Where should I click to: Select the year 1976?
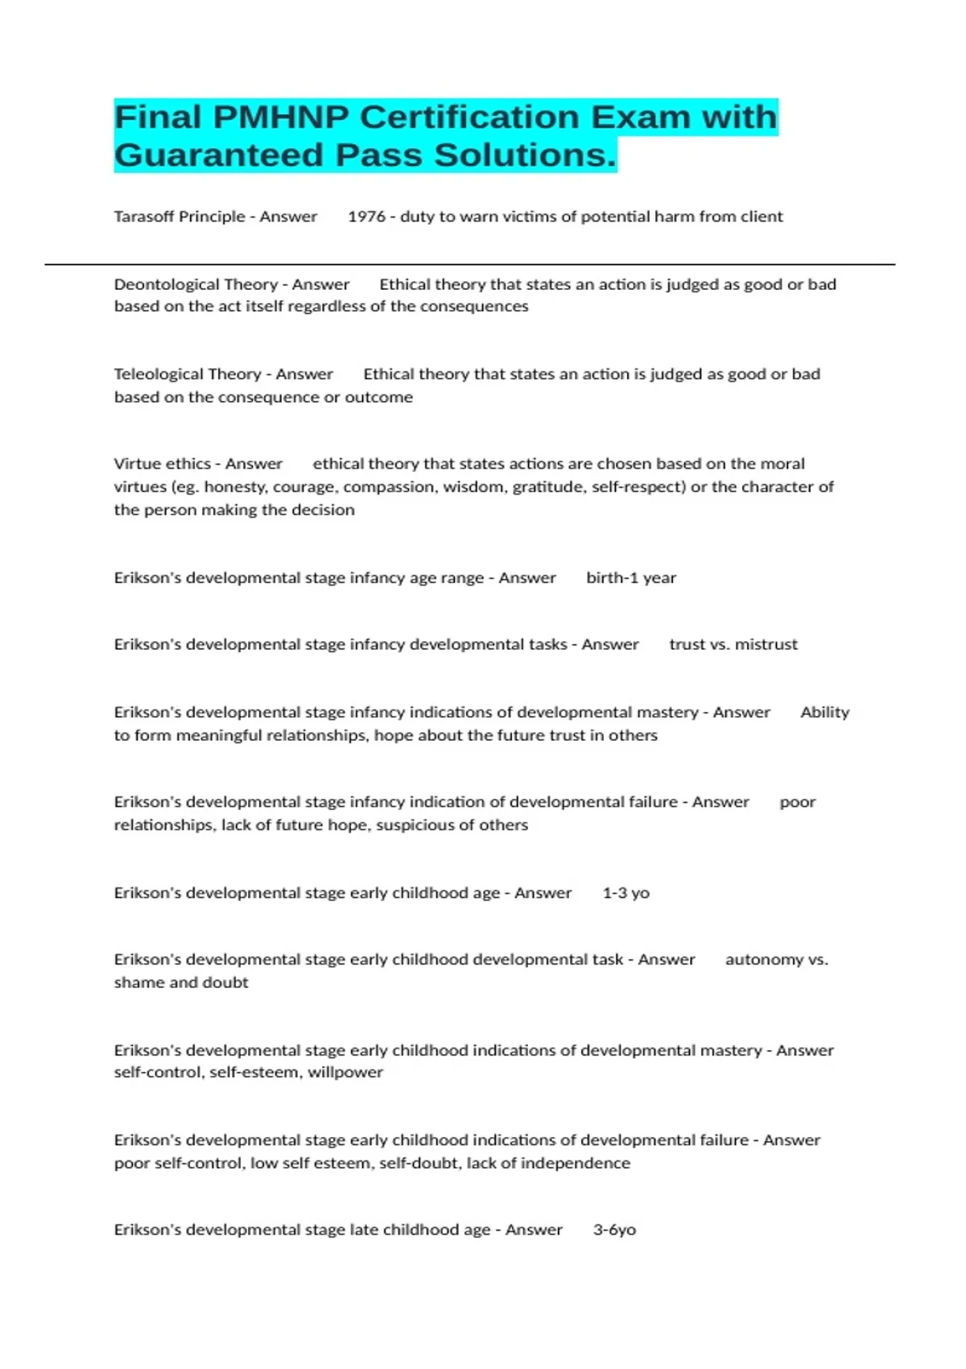tap(366, 217)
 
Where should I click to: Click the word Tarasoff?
tap(145, 217)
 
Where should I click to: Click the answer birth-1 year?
tap(631, 577)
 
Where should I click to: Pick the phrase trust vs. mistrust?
tap(733, 644)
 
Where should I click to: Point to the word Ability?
tap(825, 712)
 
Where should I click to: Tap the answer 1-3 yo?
tap(625, 892)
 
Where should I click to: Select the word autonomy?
tap(764, 959)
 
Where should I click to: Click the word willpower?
tap(345, 1072)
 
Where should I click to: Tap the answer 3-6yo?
tap(614, 1230)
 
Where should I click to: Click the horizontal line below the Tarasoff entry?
tap(469, 264)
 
